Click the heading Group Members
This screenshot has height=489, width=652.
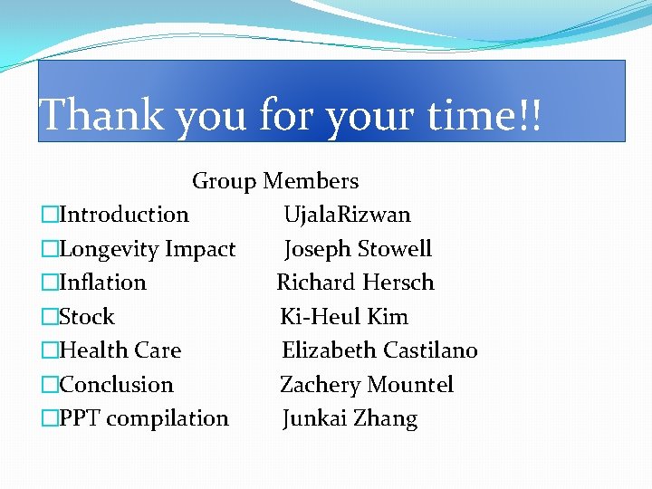pyautogui.click(x=275, y=181)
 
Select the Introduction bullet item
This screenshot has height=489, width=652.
pyautogui.click(x=123, y=215)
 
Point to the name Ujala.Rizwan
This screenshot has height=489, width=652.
pyautogui.click(x=347, y=215)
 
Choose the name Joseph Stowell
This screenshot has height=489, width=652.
pyautogui.click(x=359, y=249)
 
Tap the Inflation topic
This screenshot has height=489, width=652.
pyautogui.click(x=102, y=283)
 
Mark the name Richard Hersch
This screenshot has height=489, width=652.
pyautogui.click(x=355, y=283)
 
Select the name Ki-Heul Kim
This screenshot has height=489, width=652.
pyautogui.click(x=344, y=317)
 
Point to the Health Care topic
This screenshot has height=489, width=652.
pyautogui.click(x=120, y=350)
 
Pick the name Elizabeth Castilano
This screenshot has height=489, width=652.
pyautogui.click(x=379, y=350)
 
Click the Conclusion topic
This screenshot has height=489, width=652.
pyautogui.click(x=116, y=385)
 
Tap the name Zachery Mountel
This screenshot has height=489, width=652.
pyautogui.click(x=367, y=385)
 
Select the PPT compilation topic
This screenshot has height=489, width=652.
pyautogui.click(x=143, y=418)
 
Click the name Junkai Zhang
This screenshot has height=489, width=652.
pyautogui.click(x=350, y=418)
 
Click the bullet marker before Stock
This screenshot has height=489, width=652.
pyautogui.click(x=49, y=317)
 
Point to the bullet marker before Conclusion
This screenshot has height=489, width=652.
pyautogui.click(x=49, y=385)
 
